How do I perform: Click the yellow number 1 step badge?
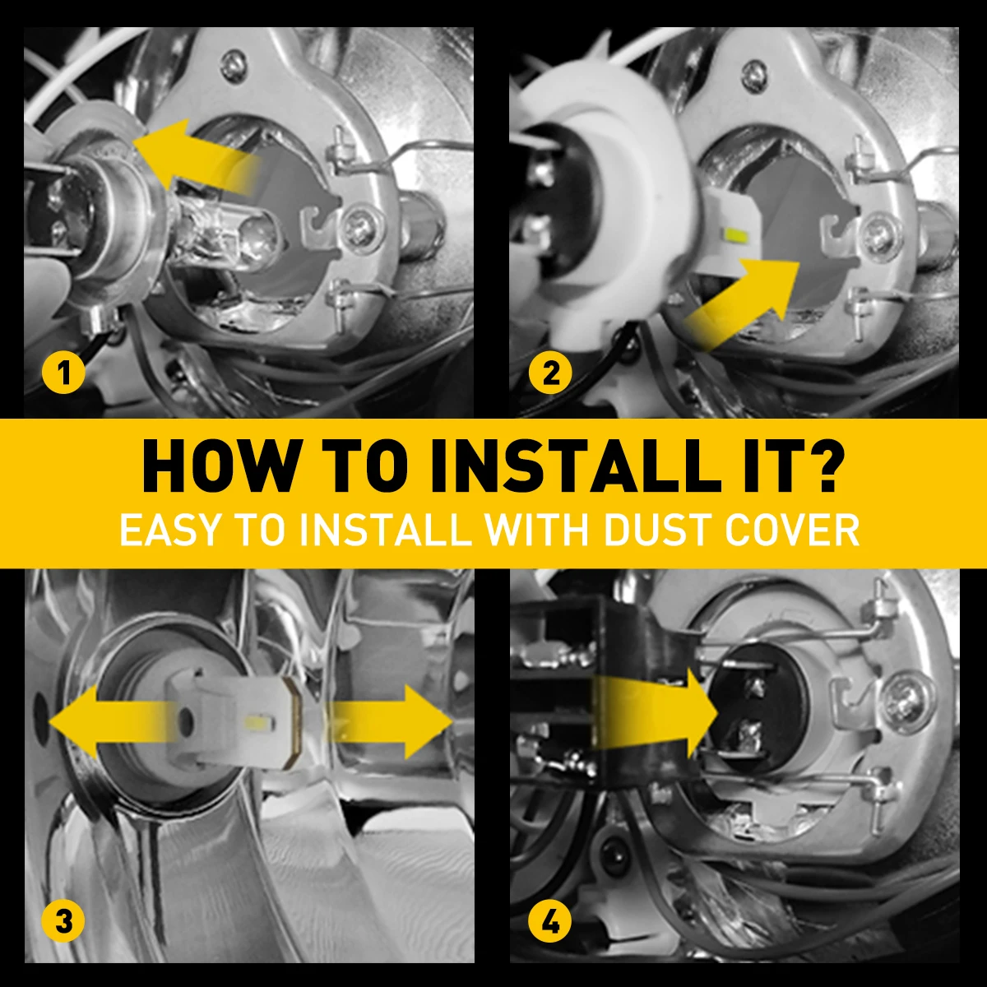click(x=63, y=373)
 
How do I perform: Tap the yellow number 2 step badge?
click(x=550, y=373)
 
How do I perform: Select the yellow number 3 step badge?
click(x=63, y=921)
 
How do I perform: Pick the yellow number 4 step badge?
click(x=550, y=921)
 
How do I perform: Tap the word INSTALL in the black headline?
click(x=572, y=466)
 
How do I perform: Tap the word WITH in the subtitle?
click(x=538, y=531)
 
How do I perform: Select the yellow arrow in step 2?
click(x=742, y=302)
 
